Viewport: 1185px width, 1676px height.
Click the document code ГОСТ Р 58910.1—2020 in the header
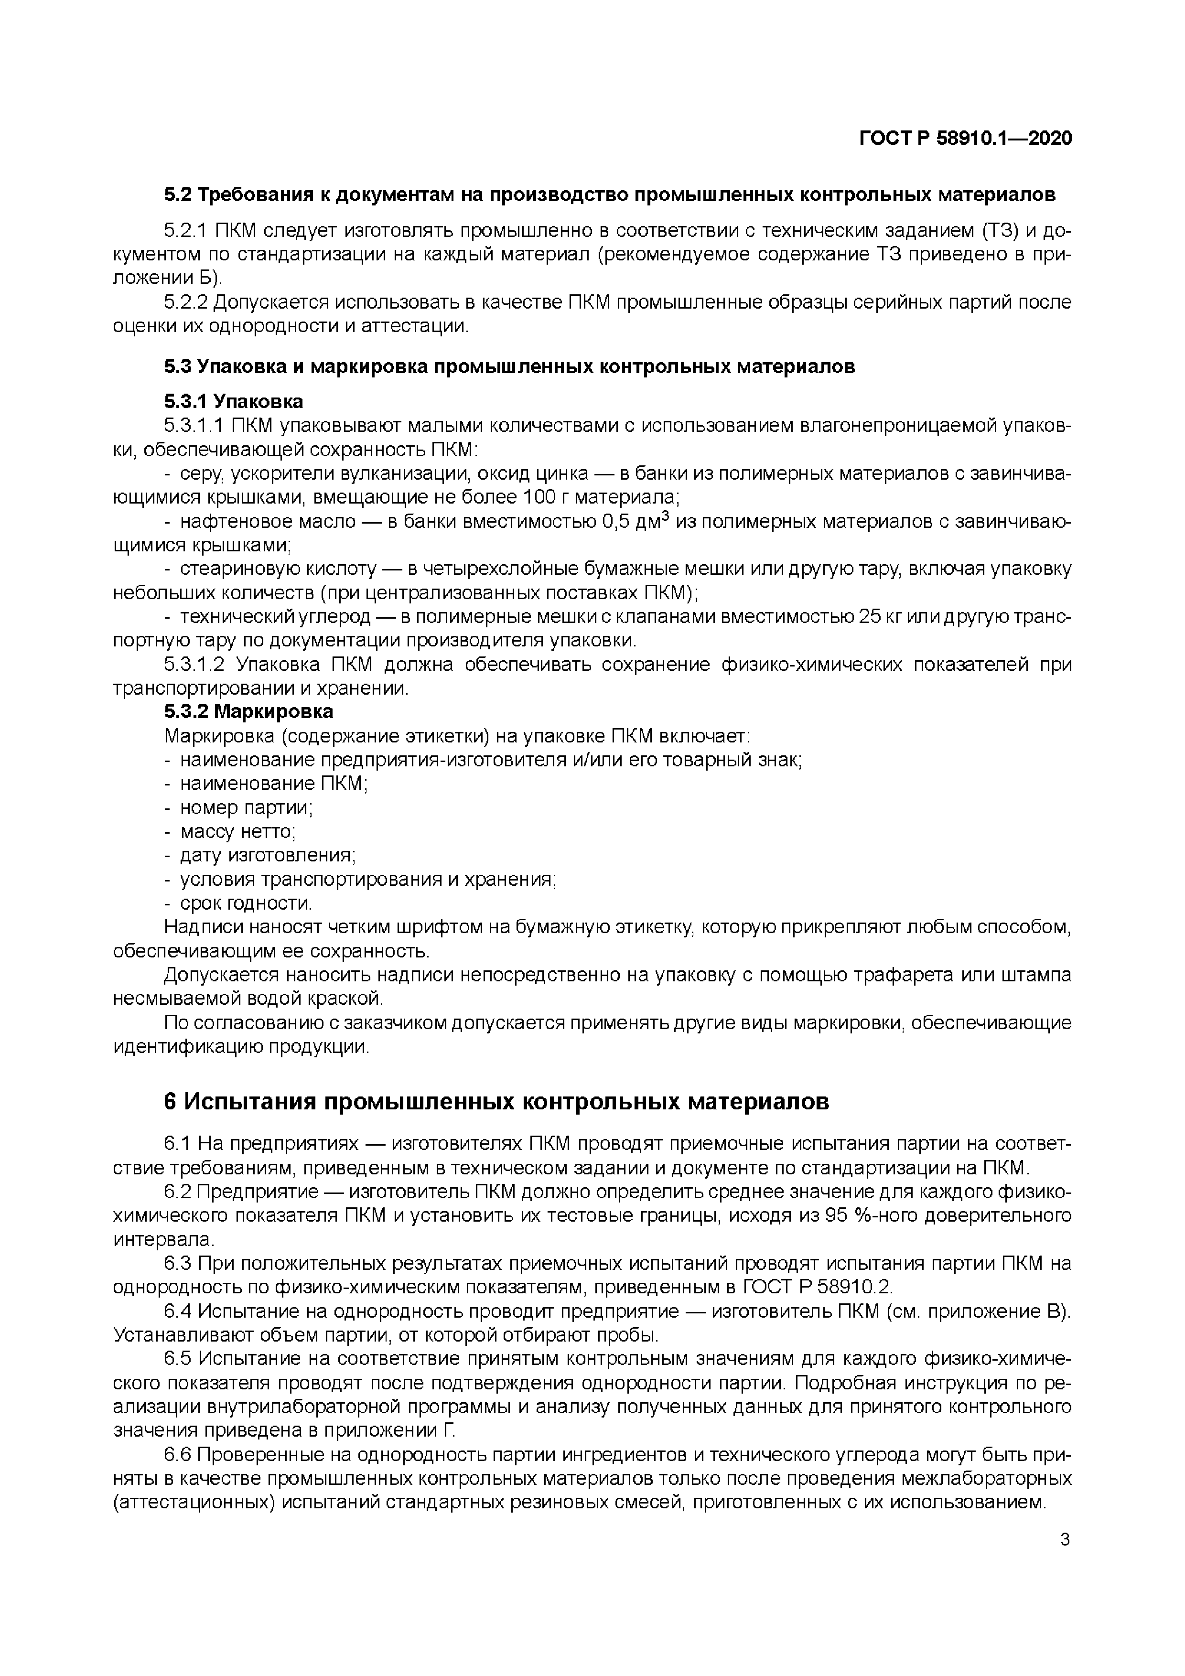point(965,138)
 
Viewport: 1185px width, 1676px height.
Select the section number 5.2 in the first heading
point(177,195)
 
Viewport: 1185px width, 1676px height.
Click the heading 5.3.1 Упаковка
point(233,401)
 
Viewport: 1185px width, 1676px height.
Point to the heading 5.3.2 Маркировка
point(248,711)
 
